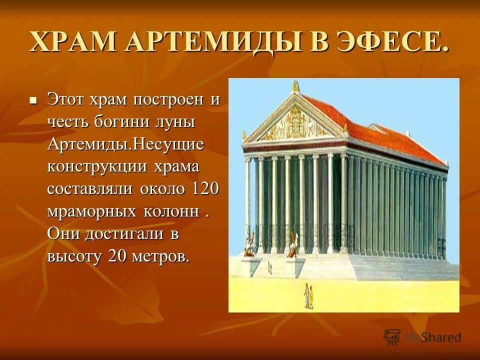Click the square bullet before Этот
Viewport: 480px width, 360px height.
(33, 100)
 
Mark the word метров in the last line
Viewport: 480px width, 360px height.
(161, 256)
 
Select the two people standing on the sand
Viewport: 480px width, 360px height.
(308, 295)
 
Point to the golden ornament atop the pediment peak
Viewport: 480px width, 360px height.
(295, 86)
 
